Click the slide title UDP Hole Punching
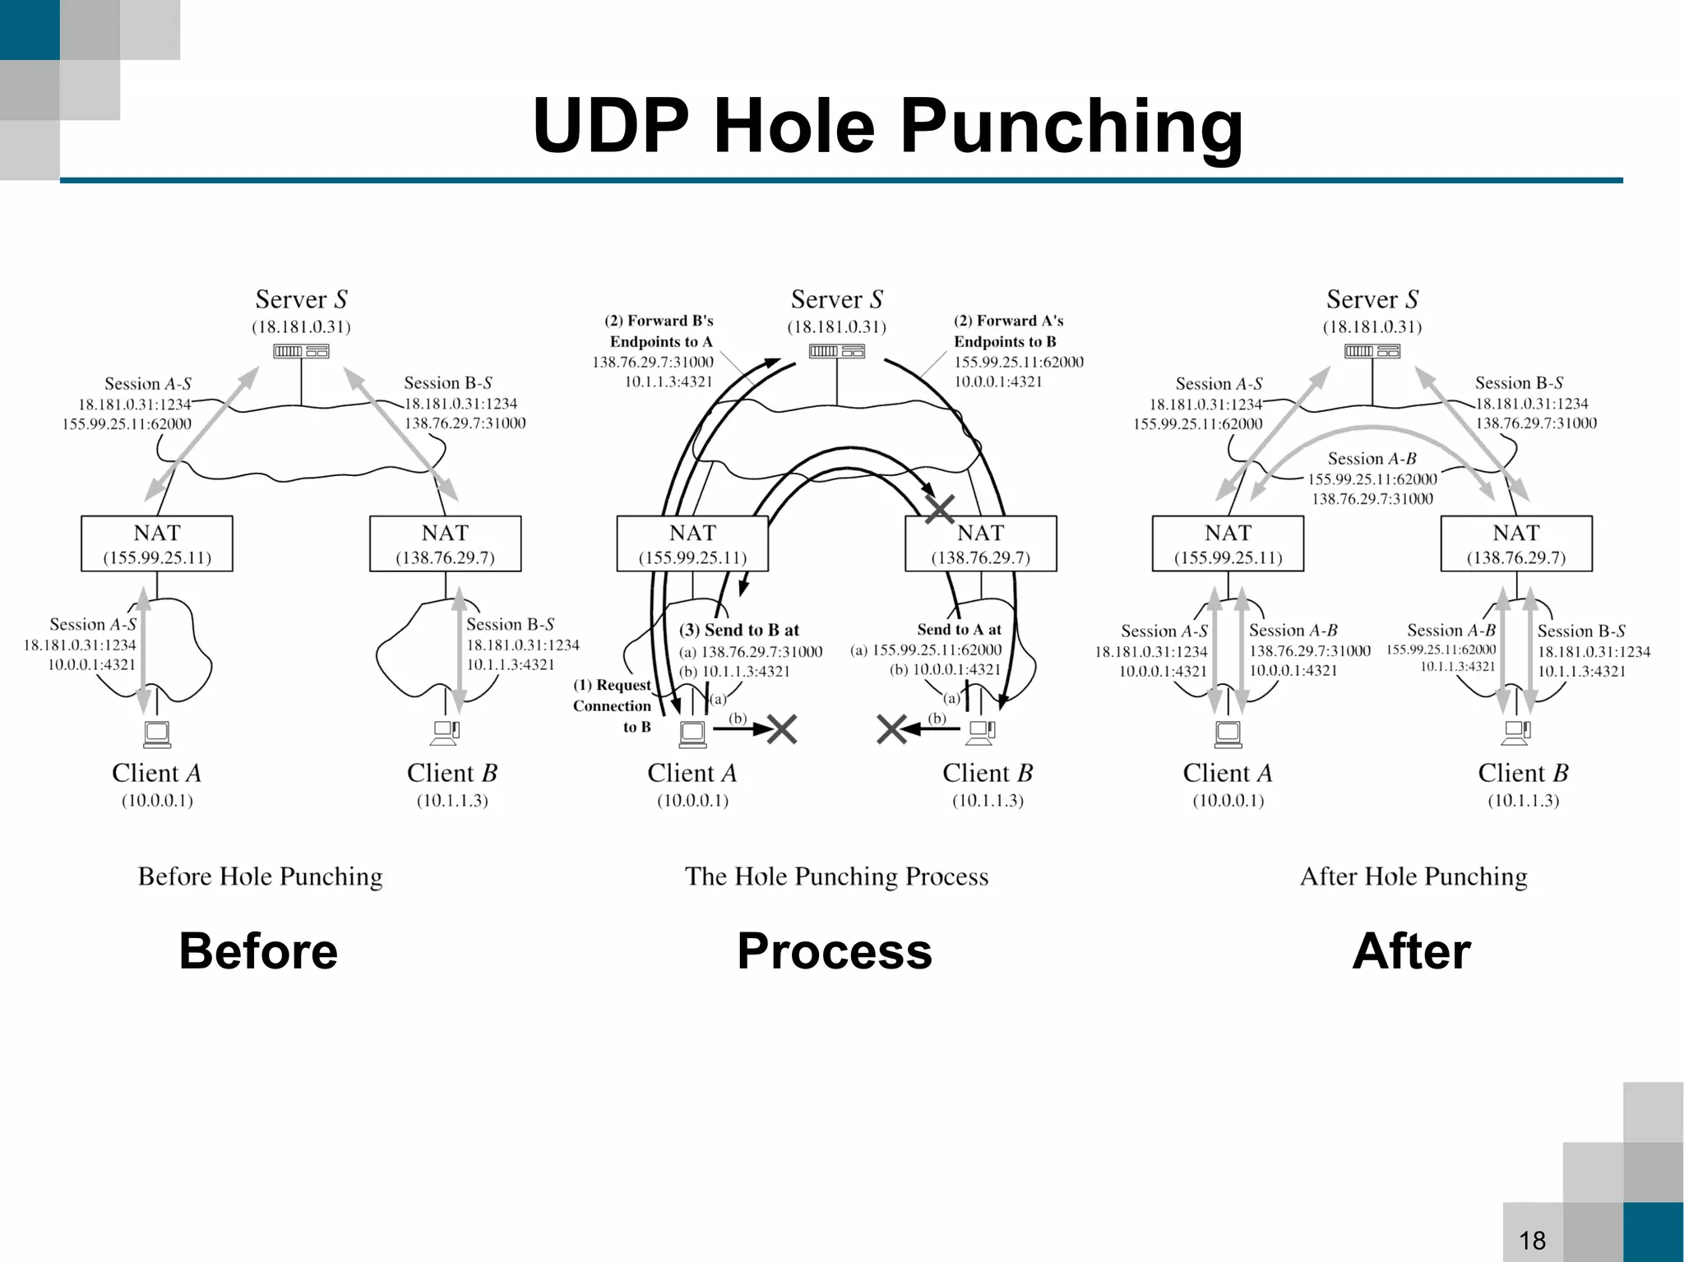pyautogui.click(x=888, y=125)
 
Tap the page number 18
pyautogui.click(x=1532, y=1240)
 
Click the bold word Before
pyautogui.click(x=258, y=951)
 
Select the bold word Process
pyautogui.click(x=835, y=951)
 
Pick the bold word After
pyautogui.click(x=1411, y=951)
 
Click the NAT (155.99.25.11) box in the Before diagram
pyautogui.click(x=157, y=543)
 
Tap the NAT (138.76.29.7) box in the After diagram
pyautogui.click(x=1516, y=543)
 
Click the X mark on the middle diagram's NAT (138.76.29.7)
pyautogui.click(x=940, y=509)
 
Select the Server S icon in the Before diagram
pyautogui.click(x=301, y=352)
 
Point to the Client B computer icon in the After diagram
pyautogui.click(x=1517, y=732)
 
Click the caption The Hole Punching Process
pyautogui.click(x=836, y=876)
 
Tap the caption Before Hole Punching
pyautogui.click(x=260, y=876)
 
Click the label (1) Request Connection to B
pyautogui.click(x=613, y=705)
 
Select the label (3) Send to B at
pyautogui.click(x=738, y=630)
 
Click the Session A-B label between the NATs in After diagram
pyautogui.click(x=1372, y=459)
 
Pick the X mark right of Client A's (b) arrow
pyautogui.click(x=781, y=728)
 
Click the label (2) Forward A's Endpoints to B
pyautogui.click(x=1008, y=331)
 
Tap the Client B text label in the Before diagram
pyautogui.click(x=451, y=773)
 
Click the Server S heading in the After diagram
pyautogui.click(x=1372, y=299)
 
